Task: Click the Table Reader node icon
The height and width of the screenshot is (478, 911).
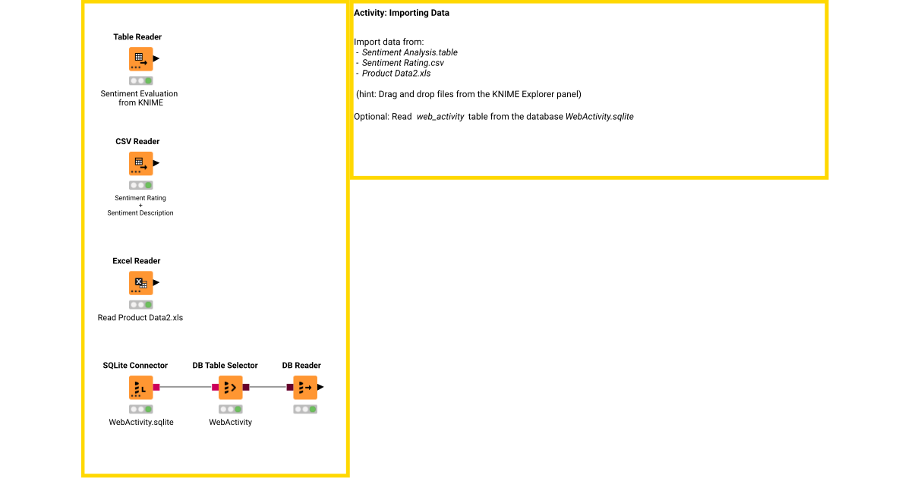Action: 140,59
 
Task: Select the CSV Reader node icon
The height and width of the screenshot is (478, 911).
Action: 140,163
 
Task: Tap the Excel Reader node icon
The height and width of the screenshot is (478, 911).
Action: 140,283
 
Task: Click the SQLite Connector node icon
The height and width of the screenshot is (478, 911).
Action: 140,387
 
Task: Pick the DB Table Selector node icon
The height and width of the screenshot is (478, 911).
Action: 230,387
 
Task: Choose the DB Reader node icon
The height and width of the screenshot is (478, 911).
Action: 305,387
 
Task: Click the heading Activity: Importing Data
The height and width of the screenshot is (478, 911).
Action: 402,13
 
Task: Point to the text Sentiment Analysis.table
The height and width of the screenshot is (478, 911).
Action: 410,52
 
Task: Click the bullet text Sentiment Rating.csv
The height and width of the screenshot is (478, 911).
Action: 403,63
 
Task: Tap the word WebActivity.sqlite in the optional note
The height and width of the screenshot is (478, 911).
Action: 599,117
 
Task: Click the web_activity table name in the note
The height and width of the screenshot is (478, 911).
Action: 440,117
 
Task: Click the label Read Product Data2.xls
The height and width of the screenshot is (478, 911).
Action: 140,318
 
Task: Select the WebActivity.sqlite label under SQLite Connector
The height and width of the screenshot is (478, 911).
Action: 141,422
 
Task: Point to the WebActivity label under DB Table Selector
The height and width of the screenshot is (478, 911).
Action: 231,422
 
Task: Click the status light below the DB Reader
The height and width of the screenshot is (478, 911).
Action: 305,409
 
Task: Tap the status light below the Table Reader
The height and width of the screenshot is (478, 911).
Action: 140,80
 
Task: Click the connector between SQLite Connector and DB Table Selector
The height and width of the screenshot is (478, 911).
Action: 186,387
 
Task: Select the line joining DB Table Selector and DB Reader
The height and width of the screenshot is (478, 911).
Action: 268,387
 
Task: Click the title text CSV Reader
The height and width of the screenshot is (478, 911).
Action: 137,141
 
